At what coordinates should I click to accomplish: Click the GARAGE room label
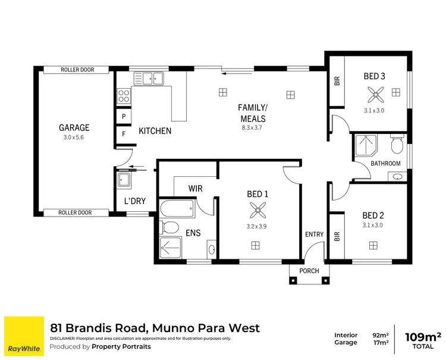point(74,127)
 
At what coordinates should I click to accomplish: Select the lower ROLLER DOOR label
point(76,212)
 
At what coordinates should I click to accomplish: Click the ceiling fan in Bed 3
point(375,93)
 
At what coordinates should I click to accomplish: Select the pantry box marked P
point(123,117)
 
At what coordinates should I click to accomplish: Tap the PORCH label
point(309,271)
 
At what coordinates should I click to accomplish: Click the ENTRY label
point(314,234)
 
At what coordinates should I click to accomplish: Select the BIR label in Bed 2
point(337,236)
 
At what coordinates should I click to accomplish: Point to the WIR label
point(196,189)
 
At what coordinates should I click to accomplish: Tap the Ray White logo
point(24,336)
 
